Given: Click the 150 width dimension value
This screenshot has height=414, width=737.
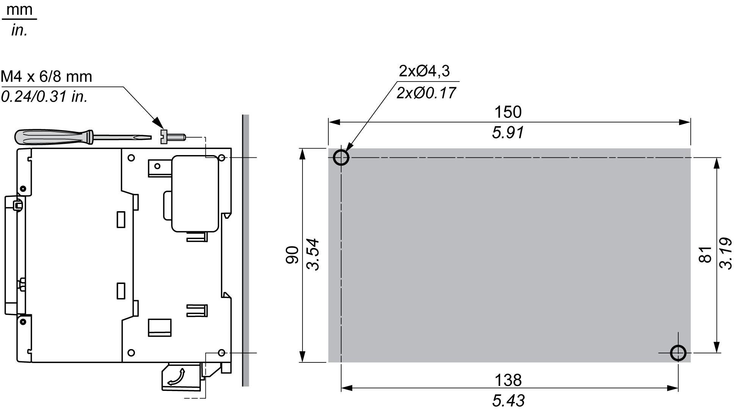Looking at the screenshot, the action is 508,112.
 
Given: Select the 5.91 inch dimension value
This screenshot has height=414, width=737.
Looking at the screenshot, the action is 508,133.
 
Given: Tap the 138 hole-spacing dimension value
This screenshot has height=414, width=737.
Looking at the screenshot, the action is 508,380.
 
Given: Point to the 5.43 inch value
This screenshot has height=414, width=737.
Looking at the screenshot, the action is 508,401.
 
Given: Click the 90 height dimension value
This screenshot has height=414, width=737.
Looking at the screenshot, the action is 292,255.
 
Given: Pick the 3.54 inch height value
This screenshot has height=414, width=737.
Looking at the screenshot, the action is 313,254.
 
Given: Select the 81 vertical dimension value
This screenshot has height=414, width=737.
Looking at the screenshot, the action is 705,254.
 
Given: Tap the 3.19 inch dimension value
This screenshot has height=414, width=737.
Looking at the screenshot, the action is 726,253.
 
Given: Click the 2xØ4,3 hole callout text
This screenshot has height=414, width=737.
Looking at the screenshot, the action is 424,71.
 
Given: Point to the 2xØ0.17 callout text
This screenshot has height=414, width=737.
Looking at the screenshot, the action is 426,93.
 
